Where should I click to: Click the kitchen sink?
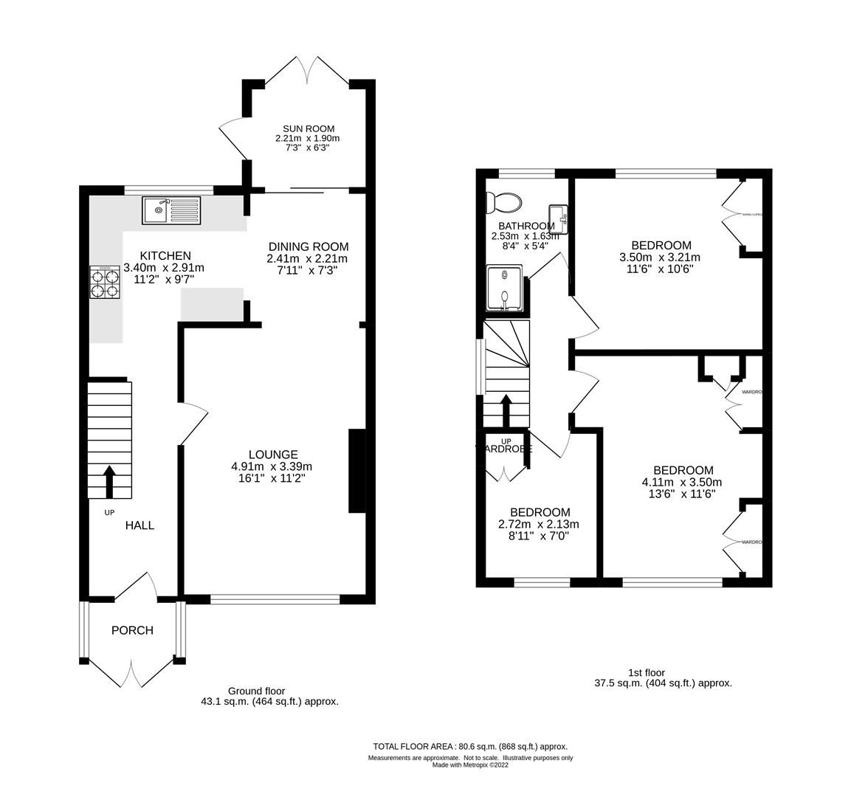tap(170, 210)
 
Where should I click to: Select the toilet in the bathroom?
tap(506, 201)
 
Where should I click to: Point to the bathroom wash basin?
tap(559, 218)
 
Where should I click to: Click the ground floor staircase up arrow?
tap(109, 481)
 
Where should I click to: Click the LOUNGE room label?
tap(272, 455)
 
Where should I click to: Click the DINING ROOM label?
tap(308, 246)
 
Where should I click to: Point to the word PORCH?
tap(132, 630)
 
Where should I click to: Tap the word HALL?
tap(139, 525)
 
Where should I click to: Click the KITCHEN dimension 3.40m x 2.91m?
tap(164, 268)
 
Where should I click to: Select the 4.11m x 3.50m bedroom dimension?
tap(683, 483)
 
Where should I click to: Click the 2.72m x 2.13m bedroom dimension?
tap(540, 525)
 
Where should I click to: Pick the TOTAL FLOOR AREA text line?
tap(470, 747)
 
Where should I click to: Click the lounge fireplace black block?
tap(356, 471)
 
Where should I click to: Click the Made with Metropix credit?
tap(470, 765)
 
